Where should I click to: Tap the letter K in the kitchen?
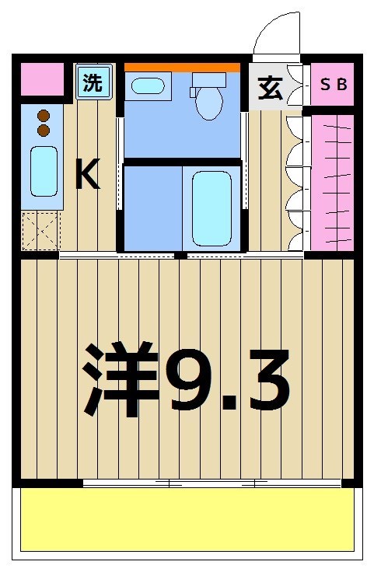[87, 176]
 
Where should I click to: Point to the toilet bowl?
[209, 104]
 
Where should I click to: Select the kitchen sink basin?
[44, 171]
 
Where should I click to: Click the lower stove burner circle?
[44, 131]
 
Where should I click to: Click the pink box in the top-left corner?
[41, 78]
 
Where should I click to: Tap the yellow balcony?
[187, 520]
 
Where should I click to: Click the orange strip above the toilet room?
[182, 68]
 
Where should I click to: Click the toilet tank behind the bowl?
[208, 80]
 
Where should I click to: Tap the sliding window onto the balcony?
[212, 483]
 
